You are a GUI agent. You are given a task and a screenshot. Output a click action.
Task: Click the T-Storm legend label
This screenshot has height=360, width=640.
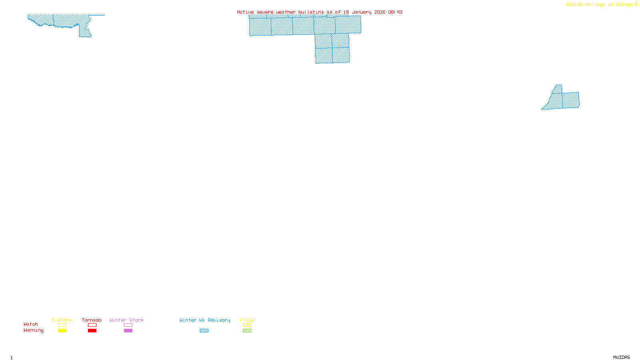point(62,320)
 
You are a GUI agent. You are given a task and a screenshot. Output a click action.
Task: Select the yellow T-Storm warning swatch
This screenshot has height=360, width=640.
point(62,331)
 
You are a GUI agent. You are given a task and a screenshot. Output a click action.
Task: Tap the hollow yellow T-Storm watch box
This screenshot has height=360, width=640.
point(62,325)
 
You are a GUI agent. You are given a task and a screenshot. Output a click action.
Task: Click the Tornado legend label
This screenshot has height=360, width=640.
point(92,320)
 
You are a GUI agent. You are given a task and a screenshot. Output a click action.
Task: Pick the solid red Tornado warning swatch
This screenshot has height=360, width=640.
point(92,331)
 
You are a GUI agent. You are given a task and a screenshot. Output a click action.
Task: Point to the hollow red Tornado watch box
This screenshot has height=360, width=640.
point(92,325)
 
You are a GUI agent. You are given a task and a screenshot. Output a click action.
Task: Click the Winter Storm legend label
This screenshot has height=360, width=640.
point(126,320)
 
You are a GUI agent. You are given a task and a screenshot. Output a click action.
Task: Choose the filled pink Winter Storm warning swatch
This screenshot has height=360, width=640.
point(128,331)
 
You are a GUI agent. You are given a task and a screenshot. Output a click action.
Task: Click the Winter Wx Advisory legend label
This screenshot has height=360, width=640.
point(205,320)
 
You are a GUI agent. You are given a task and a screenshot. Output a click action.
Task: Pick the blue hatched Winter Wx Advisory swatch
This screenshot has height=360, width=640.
point(204,331)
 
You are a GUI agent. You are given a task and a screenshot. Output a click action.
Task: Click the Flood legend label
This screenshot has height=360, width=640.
point(247,320)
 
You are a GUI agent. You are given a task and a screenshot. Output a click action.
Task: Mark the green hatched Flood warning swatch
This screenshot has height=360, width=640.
point(247,331)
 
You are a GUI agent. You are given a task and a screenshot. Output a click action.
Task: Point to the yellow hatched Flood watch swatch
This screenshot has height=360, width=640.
point(247,325)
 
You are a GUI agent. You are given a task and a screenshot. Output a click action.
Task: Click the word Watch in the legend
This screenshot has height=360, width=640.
point(31,324)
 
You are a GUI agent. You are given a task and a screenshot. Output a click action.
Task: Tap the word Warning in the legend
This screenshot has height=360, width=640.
point(34,330)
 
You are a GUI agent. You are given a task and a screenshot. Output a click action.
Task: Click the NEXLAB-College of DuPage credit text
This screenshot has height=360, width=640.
point(600,5)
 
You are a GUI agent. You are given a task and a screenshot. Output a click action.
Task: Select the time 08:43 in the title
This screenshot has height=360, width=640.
point(395,12)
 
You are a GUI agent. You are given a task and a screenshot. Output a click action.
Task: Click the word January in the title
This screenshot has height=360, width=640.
point(362,12)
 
